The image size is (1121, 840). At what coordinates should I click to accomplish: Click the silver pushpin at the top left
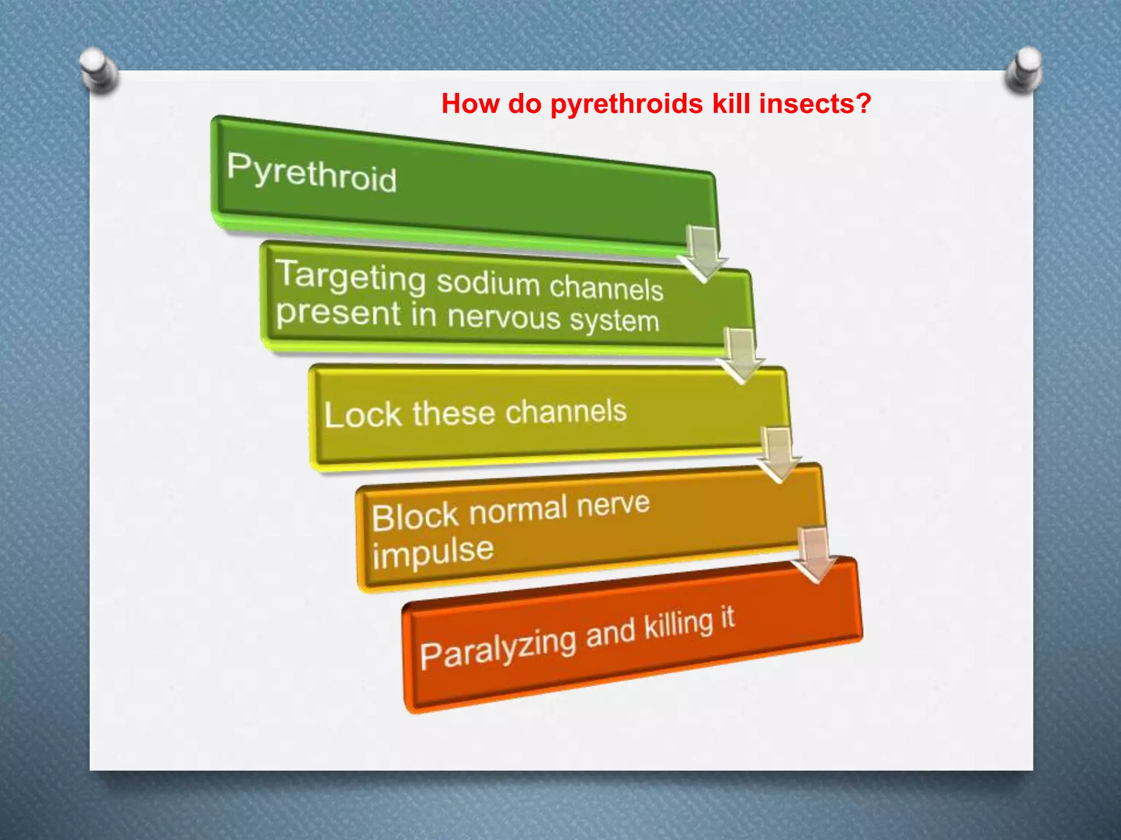coord(99,71)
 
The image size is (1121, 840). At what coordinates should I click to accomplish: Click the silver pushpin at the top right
coord(1024,69)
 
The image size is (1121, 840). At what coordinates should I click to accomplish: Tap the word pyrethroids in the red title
coord(626,103)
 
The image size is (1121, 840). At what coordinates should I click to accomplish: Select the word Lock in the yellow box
coord(363,415)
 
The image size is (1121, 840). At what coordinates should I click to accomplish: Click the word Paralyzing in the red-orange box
coord(498,647)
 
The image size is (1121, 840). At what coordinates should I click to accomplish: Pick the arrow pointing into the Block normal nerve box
coord(778,454)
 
